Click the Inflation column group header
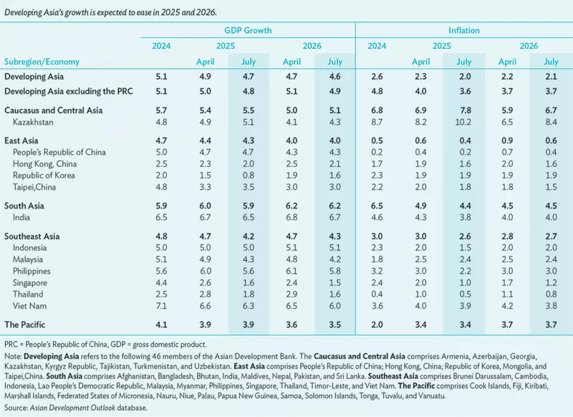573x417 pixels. point(464,30)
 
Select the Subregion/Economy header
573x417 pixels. point(42,62)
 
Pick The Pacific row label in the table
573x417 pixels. point(29,325)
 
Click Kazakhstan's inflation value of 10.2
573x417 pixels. point(463,123)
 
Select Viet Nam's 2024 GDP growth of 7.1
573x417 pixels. point(161,306)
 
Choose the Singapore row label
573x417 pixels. point(32,282)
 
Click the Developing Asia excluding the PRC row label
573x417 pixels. point(70,91)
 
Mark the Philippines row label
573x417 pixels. point(34,271)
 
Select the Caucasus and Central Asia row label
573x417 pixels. point(54,110)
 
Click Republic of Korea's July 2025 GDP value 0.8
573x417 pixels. point(249,176)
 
